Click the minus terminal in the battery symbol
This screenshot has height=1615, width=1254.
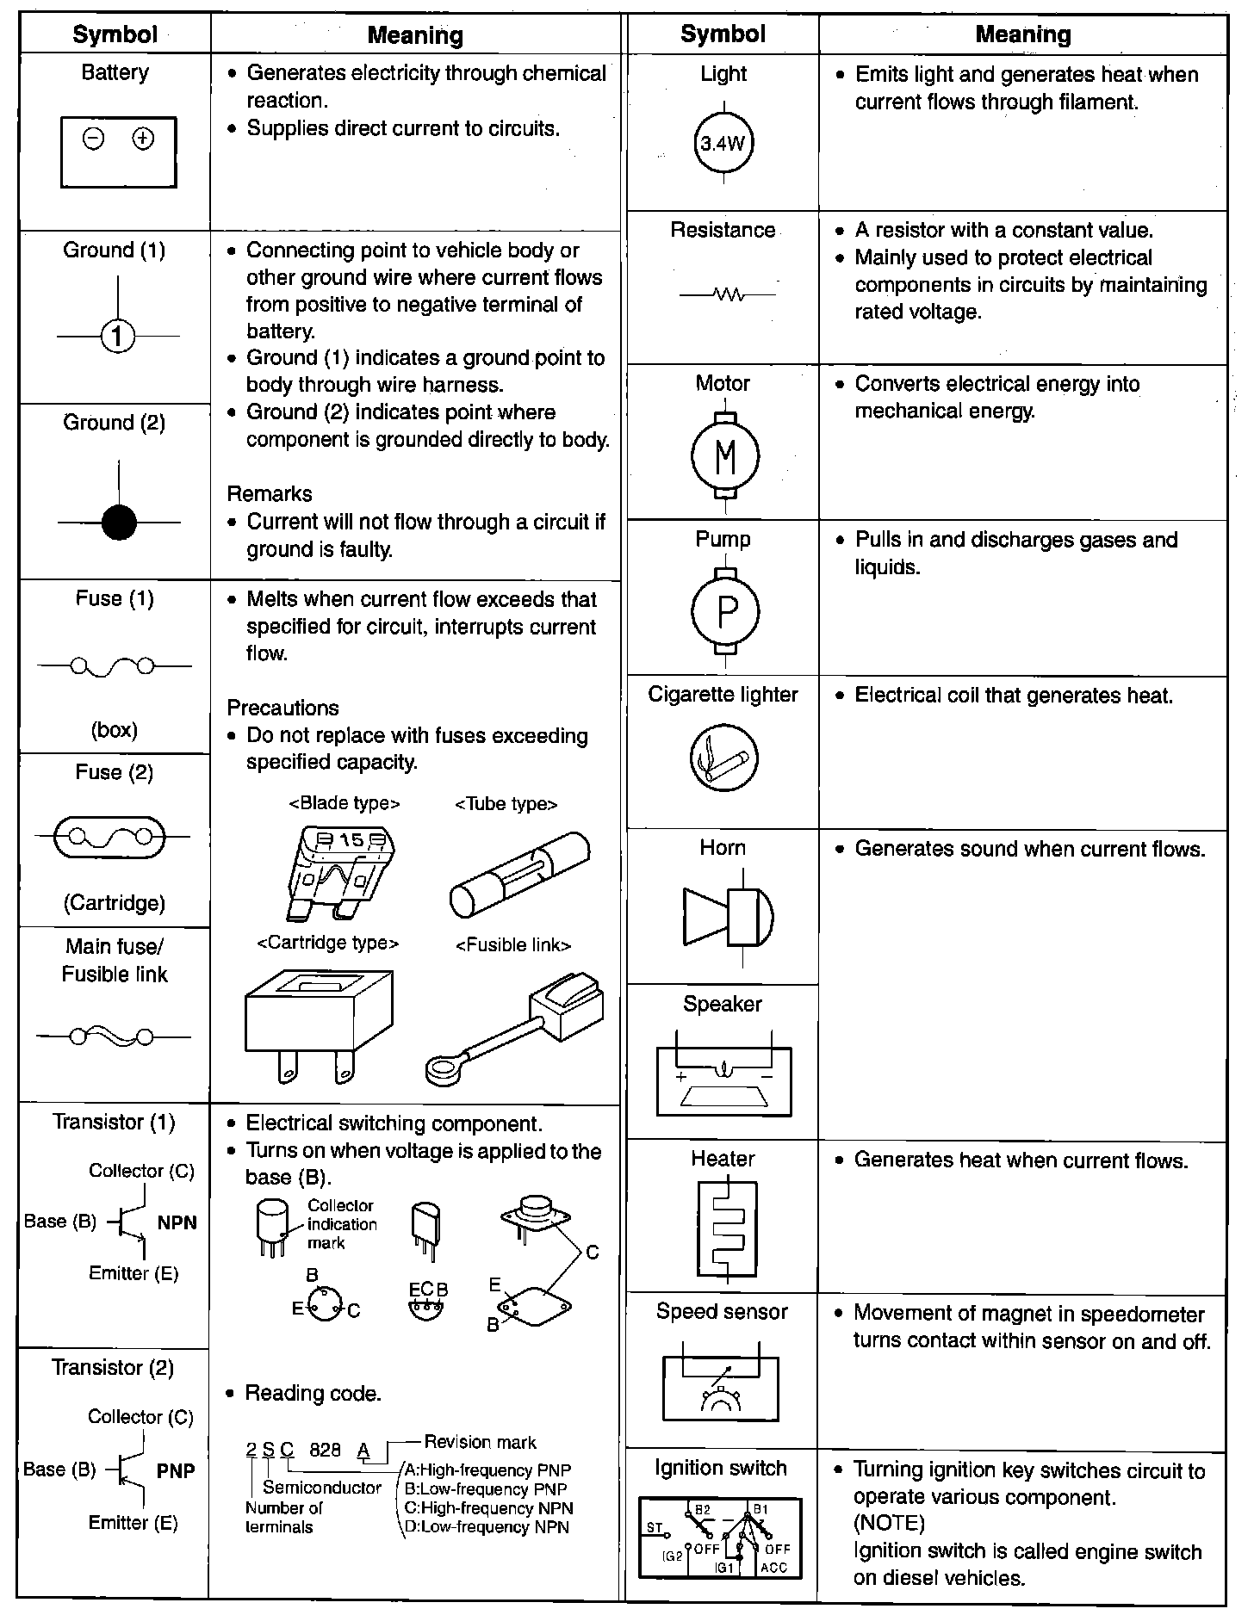(94, 139)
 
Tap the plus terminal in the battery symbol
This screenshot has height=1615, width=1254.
(143, 139)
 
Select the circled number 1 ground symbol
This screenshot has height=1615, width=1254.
(118, 337)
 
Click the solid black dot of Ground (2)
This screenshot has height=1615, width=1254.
(119, 523)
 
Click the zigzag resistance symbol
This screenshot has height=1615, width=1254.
(728, 295)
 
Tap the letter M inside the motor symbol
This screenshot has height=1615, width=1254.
(726, 456)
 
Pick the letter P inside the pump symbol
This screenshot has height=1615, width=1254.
(727, 612)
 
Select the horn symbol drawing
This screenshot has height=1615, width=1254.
(728, 915)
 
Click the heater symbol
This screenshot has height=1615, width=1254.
(727, 1228)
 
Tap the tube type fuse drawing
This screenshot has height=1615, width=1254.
(518, 876)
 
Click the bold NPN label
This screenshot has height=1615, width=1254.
(177, 1223)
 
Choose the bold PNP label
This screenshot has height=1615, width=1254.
(176, 1471)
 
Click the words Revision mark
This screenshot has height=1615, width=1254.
(480, 1443)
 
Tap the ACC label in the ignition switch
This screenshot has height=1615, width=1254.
(773, 1568)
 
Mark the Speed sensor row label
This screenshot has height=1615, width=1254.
(722, 1312)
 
